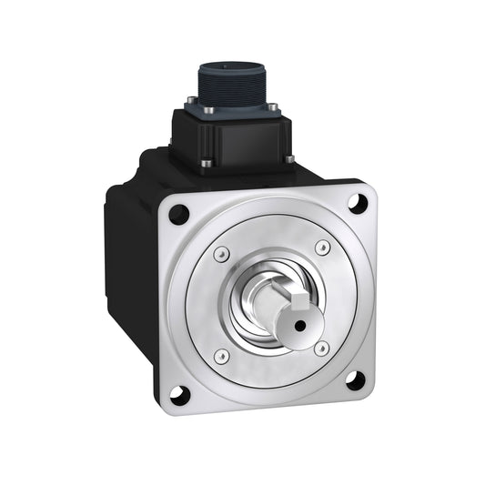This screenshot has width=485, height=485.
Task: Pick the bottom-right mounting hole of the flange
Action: pos(354,379)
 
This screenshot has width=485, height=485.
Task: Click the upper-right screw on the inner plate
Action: pos(322,248)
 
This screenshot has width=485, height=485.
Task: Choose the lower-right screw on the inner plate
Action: pos(319,347)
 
